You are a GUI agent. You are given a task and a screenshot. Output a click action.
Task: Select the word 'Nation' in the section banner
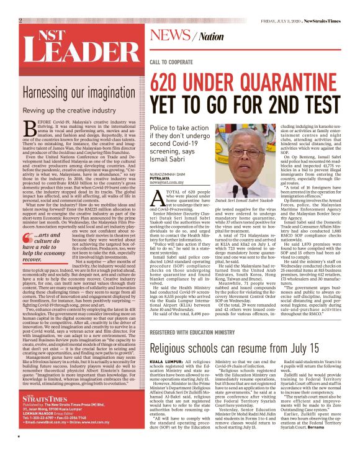pos(209,36)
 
